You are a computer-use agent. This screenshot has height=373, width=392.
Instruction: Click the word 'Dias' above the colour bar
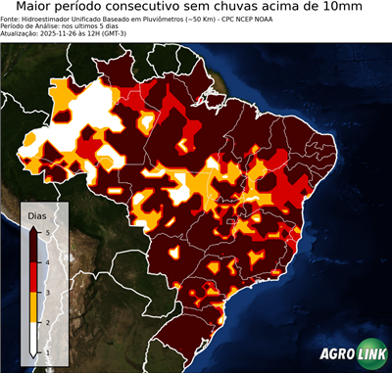(36, 214)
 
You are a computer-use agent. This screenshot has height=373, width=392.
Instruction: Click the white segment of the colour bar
(35, 339)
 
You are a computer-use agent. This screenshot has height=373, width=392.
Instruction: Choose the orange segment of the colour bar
(35, 307)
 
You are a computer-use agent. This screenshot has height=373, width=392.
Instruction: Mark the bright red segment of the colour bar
(35, 277)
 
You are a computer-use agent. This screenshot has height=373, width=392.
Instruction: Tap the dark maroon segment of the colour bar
(35, 247)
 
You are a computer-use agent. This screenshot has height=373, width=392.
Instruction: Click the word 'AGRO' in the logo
(337, 354)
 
